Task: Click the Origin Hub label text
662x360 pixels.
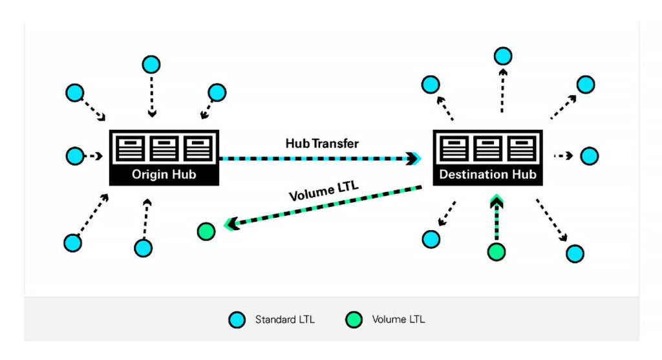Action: click(164, 175)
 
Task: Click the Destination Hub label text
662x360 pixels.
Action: click(487, 175)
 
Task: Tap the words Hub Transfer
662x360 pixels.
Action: click(322, 143)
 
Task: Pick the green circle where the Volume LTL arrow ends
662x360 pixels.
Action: click(206, 231)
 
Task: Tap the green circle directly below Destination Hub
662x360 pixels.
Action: click(496, 251)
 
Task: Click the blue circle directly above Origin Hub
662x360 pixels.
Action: click(151, 65)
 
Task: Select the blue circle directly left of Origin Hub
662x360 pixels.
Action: click(75, 156)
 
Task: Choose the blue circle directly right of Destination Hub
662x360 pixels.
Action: click(589, 156)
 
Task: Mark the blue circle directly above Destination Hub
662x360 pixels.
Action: click(503, 56)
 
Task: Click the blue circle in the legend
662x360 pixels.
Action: click(237, 319)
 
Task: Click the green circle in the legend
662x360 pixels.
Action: click(353, 319)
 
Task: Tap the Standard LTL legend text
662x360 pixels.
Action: click(284, 319)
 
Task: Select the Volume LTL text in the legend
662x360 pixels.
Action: click(398, 319)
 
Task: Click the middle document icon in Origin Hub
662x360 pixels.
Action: click(164, 149)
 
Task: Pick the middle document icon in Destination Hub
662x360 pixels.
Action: click(487, 149)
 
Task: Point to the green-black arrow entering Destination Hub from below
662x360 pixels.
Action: click(496, 217)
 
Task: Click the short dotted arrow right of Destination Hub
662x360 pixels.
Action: click(564, 156)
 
